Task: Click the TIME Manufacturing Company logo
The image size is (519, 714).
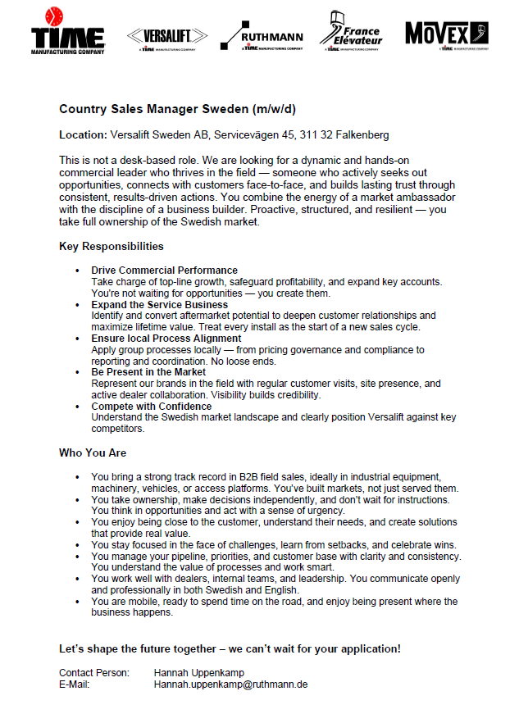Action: [68, 33]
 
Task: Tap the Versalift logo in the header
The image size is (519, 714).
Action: [167, 36]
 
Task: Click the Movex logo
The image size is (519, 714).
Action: [447, 34]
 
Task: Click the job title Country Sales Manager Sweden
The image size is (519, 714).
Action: [177, 109]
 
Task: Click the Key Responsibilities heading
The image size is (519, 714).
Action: [112, 246]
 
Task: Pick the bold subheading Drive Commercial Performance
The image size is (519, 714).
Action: [164, 270]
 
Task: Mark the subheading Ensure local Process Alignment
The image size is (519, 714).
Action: [166, 338]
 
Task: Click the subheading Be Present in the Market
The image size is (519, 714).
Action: [148, 371]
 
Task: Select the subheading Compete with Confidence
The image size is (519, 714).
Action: [151, 406]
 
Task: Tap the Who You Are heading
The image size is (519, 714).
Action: [93, 453]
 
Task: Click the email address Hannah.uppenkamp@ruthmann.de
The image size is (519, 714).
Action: [230, 684]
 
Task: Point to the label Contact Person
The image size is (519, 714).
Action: [94, 673]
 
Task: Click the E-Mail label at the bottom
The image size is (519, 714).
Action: [75, 684]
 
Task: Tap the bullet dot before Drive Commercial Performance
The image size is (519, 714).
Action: [77, 271]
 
